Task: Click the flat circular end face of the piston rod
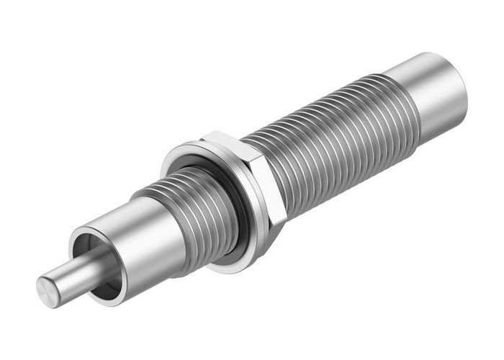[48, 292]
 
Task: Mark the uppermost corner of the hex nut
[209, 132]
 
